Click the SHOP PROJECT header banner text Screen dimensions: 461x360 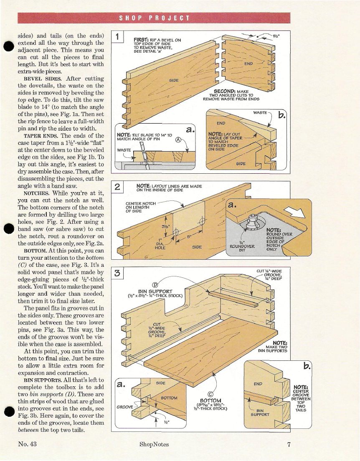click(155, 18)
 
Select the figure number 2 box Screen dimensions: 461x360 click(118, 188)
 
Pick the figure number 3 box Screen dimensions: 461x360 click(118, 274)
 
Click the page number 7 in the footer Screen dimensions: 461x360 click(289, 444)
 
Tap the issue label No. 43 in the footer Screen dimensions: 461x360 click(28, 444)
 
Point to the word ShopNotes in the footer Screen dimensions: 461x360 click(154, 444)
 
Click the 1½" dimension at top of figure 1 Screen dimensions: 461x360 click(276, 35)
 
